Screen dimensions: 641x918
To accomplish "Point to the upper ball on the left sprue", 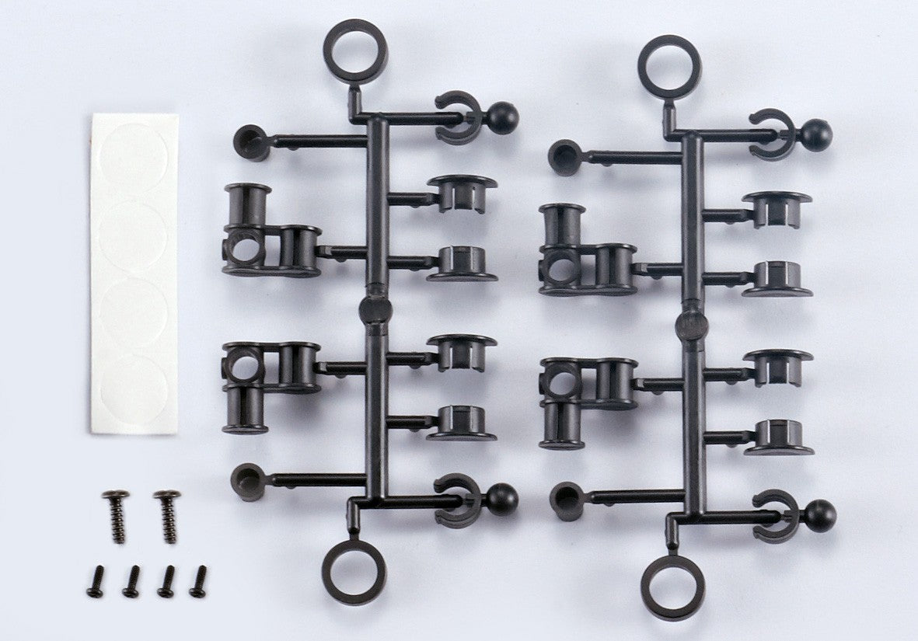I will [x=502, y=118].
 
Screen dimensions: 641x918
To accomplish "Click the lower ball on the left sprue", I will [x=502, y=499].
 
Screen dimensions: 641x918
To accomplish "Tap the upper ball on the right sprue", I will [x=815, y=135].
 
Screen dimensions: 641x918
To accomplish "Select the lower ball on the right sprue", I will [x=819, y=516].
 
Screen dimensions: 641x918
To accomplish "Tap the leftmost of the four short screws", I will [x=96, y=581].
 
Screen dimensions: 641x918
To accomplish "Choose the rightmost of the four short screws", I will [x=199, y=581].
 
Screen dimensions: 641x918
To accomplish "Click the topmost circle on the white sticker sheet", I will [x=134, y=159].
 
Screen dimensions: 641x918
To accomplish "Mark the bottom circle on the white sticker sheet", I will [x=134, y=388].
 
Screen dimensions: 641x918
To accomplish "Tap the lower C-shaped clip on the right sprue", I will [x=773, y=516].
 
